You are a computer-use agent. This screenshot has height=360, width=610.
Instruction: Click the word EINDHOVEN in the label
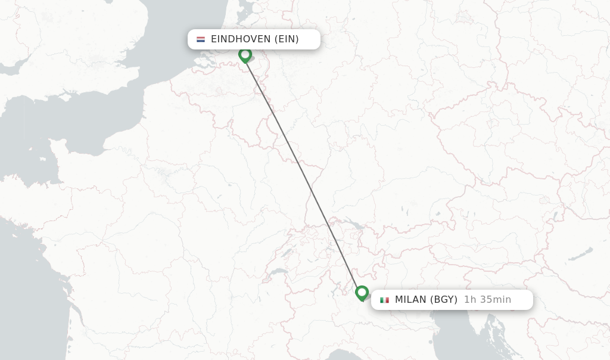point(240,39)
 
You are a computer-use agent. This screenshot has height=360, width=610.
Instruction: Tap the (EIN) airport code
point(287,39)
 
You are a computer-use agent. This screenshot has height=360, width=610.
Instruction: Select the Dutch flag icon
point(201,39)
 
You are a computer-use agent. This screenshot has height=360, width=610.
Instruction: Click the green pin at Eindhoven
point(245,55)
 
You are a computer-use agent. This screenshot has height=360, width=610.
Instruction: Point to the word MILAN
point(410,300)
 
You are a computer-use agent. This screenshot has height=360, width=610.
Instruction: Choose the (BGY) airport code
point(444,300)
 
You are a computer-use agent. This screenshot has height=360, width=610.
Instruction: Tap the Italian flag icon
point(384,300)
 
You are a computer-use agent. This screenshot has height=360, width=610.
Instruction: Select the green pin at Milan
point(362,293)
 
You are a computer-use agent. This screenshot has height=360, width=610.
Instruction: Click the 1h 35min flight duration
point(487,300)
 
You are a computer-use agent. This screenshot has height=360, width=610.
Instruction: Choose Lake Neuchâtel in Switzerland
point(284,254)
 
